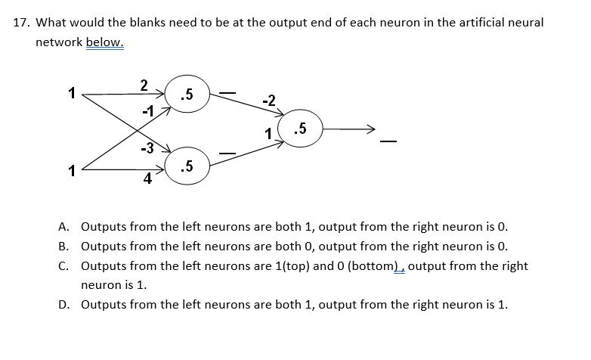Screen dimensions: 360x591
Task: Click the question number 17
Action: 22,23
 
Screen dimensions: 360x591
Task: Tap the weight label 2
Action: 144,84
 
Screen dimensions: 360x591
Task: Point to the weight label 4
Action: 148,179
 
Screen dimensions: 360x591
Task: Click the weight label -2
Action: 268,100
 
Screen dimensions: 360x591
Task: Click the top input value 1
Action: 71,95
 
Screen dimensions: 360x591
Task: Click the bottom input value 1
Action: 71,171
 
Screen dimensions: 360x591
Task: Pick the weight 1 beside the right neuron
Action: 268,134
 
